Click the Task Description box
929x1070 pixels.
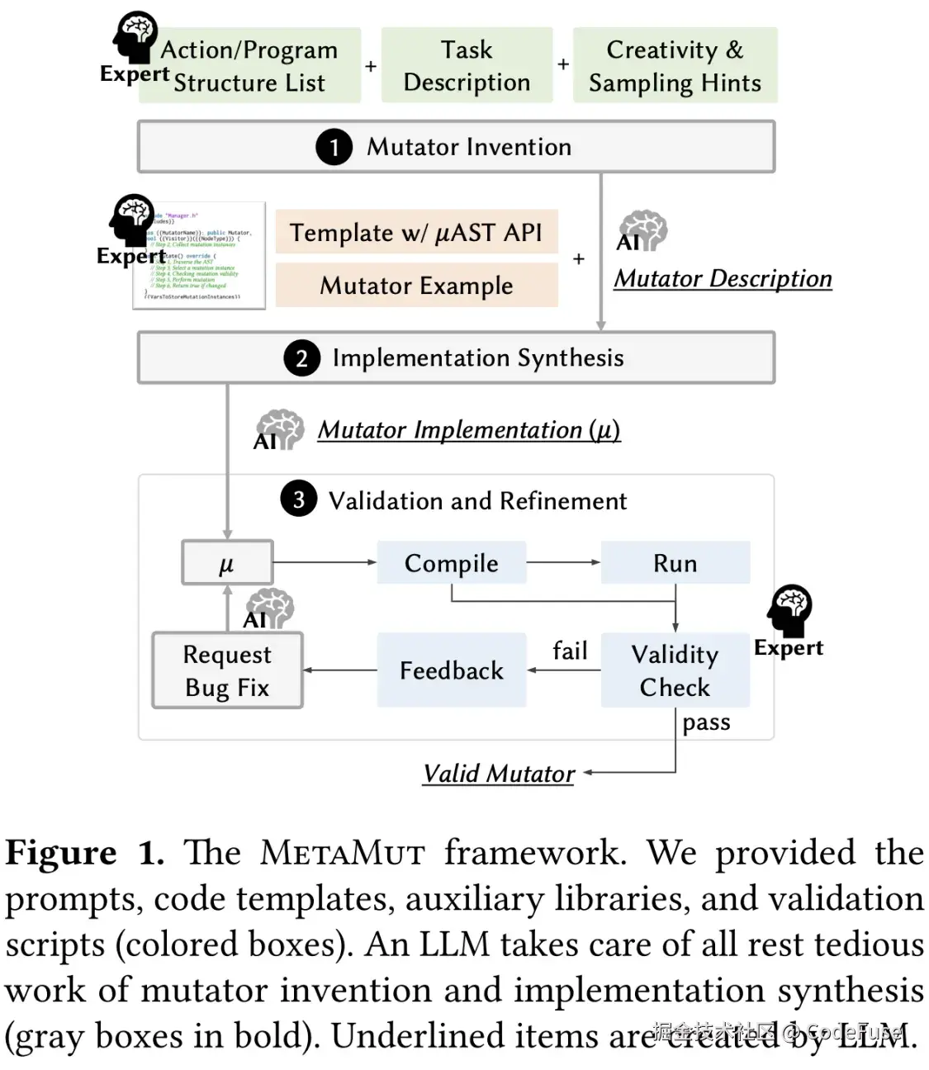(467, 66)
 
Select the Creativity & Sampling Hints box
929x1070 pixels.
(675, 66)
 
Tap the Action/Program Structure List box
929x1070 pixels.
(249, 66)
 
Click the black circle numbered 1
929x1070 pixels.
(334, 147)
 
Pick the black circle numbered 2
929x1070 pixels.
(301, 358)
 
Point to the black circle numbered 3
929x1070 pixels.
(299, 499)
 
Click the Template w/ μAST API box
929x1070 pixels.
(416, 233)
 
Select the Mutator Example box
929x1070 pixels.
(416, 286)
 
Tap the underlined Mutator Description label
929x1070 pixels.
(723, 279)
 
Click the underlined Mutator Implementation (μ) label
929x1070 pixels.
(468, 430)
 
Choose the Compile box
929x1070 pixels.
(451, 563)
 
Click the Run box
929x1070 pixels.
(675, 563)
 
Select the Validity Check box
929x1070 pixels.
(675, 670)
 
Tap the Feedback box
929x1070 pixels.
(451, 670)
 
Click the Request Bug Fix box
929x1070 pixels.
(227, 670)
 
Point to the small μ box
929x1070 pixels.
(227, 563)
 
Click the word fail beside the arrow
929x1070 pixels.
(570, 651)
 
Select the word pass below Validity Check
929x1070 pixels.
(706, 722)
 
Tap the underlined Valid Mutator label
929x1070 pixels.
(498, 774)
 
